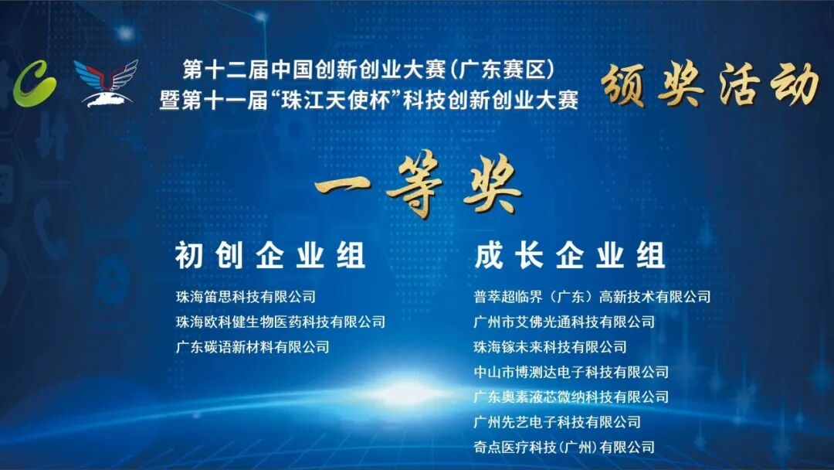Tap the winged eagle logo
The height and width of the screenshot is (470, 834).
[106, 81]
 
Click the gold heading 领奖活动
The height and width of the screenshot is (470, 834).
[710, 85]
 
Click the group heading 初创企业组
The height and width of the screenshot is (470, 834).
[270, 255]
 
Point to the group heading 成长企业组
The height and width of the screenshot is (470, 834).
[570, 255]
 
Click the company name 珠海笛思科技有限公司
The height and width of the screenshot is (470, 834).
[246, 297]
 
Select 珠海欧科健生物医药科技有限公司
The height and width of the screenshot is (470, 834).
[280, 322]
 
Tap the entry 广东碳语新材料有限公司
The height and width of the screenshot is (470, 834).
[253, 347]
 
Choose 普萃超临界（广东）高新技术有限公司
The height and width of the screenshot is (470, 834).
[592, 297]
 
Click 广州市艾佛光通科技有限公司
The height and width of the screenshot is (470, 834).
[564, 322]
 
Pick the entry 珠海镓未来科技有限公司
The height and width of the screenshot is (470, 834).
[551, 347]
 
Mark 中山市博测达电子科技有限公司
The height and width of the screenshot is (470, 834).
[571, 372]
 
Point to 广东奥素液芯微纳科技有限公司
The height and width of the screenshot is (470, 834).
[571, 397]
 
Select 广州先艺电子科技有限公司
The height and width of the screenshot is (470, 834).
[558, 422]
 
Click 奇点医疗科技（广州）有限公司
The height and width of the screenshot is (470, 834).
[564, 447]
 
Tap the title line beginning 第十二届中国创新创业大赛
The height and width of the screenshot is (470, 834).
[368, 71]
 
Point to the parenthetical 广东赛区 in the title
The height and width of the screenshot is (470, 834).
[505, 71]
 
